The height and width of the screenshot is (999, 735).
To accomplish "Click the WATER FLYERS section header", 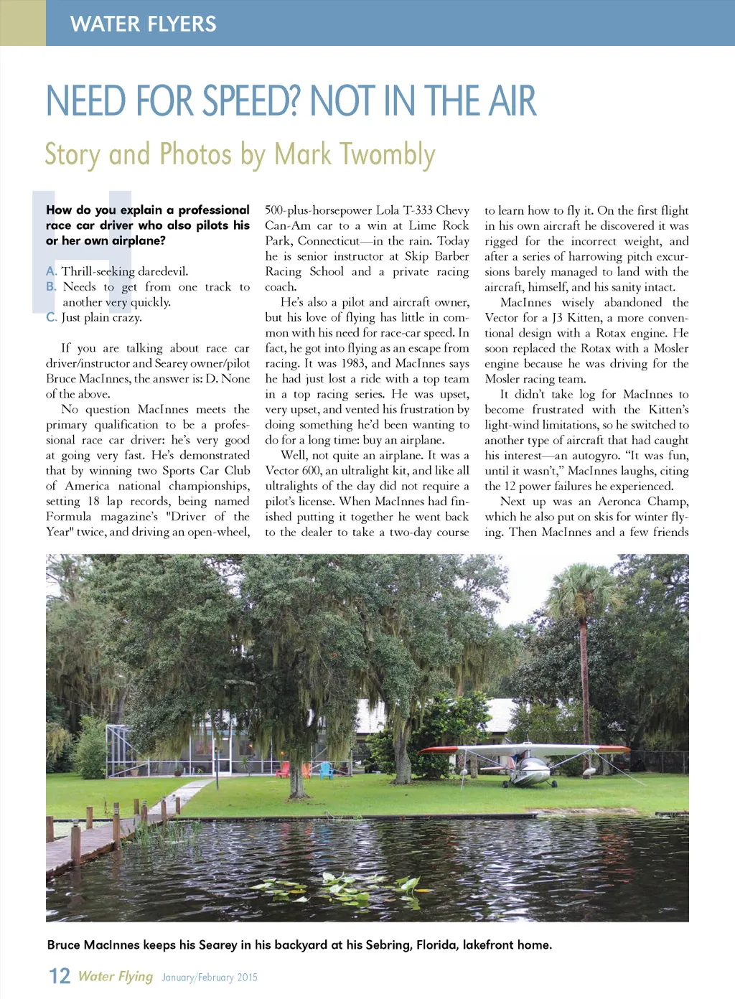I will pos(143,24).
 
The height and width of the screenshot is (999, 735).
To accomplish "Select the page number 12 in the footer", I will pos(59,976).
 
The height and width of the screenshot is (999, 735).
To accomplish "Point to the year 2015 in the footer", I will pos(247,977).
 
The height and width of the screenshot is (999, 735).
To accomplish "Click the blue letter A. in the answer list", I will pos(51,271).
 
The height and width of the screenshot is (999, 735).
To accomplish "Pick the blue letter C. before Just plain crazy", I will pos(51,317).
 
